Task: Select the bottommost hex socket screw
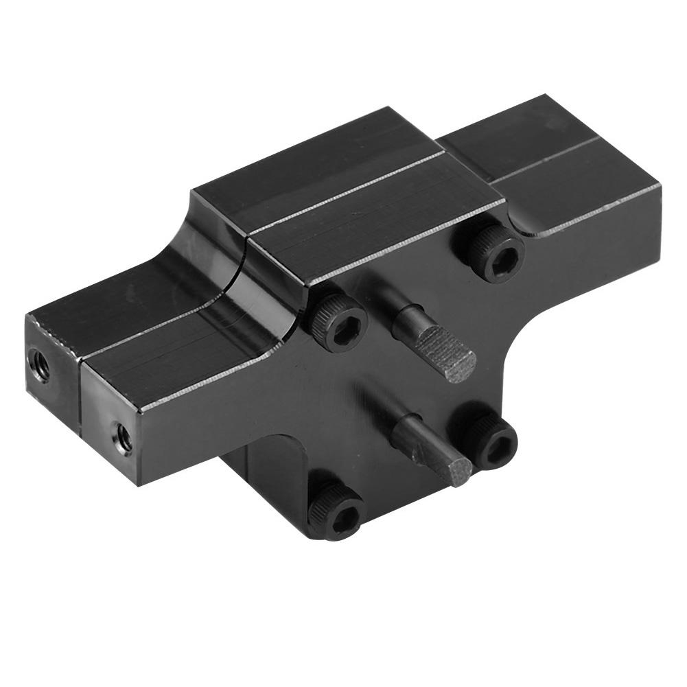[x=336, y=511]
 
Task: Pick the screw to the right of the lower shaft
[x=490, y=443]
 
